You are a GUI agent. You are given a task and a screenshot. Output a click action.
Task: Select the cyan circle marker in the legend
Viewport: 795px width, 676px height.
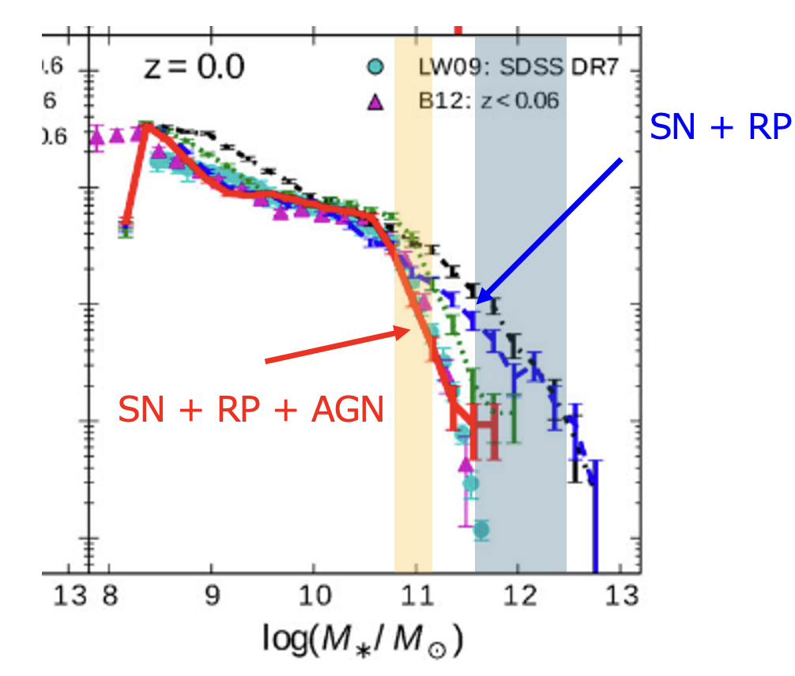click(377, 69)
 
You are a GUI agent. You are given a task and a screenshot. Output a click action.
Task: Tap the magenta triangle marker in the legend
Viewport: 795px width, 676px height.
click(377, 101)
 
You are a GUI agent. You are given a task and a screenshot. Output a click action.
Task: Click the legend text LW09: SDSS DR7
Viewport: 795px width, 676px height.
click(517, 69)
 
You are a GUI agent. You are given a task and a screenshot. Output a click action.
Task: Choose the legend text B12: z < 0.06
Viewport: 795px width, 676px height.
click(490, 101)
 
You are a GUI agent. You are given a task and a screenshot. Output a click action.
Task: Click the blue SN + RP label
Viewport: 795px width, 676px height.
click(719, 126)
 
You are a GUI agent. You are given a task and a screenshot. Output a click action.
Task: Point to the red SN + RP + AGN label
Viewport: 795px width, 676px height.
click(251, 410)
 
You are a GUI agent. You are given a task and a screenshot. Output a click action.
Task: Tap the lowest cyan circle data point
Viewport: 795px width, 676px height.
click(481, 530)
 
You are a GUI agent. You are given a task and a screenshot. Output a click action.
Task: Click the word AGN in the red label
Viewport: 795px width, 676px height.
click(345, 410)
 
